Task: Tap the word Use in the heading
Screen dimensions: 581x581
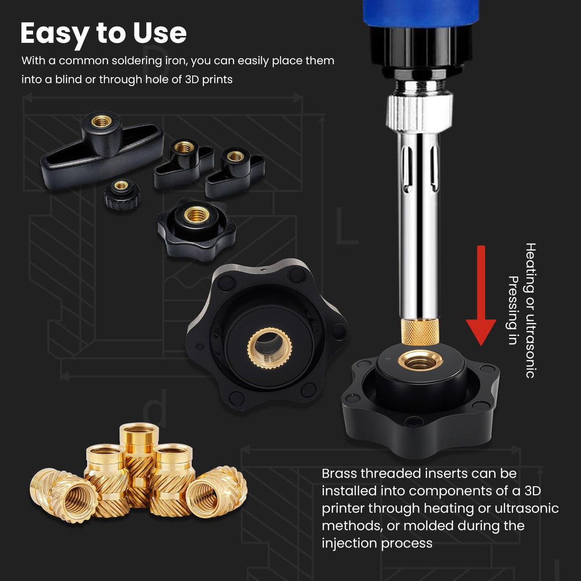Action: (160, 34)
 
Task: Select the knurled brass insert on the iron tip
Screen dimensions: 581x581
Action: (420, 332)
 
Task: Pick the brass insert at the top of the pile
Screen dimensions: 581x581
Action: (139, 440)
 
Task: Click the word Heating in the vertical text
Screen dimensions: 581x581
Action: (530, 268)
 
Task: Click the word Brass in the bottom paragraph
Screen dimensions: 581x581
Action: (339, 473)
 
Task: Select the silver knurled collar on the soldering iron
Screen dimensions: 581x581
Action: (420, 112)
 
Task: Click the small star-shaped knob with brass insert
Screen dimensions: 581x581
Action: (196, 227)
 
